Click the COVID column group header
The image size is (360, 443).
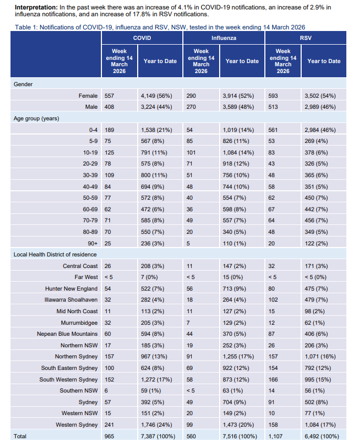point(142,38)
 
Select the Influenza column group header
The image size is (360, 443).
point(223,38)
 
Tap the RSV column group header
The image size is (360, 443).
point(305,38)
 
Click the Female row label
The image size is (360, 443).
point(88,96)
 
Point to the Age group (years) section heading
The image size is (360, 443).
point(36,118)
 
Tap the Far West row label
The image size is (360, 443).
point(86,277)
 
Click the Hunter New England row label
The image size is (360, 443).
point(71,289)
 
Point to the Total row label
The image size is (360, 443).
point(20,436)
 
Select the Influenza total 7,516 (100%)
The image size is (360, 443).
point(243,436)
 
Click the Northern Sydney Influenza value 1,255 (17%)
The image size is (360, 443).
point(242,357)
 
